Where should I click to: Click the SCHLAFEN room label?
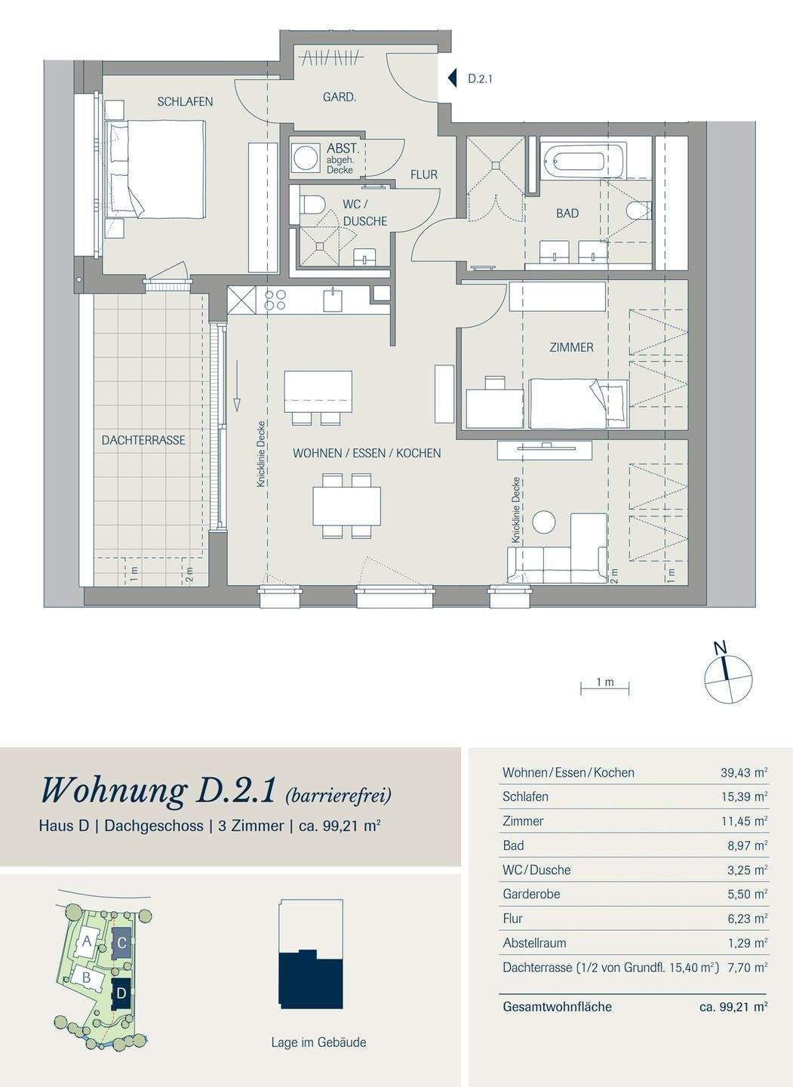coord(185,101)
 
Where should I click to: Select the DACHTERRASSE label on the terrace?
coord(143,440)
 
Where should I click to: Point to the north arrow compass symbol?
coord(729,678)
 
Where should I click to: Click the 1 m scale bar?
coord(605,688)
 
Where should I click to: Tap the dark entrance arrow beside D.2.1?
coord(453,79)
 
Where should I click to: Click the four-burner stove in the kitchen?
coord(274,299)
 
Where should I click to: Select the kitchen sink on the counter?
coord(333,300)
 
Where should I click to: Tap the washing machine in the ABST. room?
coord(305,157)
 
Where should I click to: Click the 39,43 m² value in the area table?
coord(743,772)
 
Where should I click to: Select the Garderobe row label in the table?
coord(531,894)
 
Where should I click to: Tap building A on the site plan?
coord(87,941)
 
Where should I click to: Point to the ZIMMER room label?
coord(571,347)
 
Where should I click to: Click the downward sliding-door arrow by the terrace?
coord(237,386)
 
